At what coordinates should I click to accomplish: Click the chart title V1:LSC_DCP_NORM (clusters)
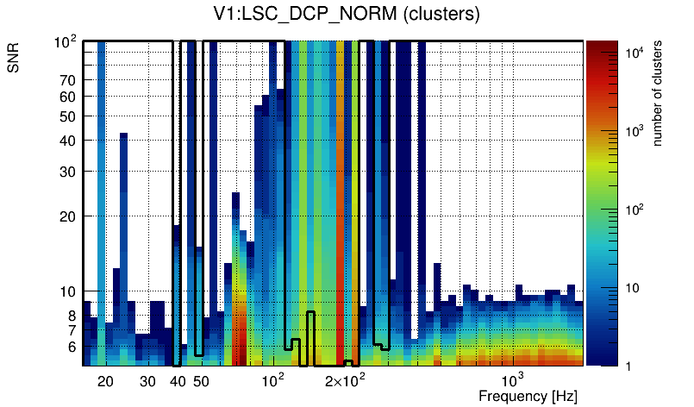coord(346,15)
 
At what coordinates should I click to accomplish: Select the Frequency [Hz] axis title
coord(527,396)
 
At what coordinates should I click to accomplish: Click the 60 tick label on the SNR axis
coord(68,97)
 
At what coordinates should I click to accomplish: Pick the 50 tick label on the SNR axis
coord(68,116)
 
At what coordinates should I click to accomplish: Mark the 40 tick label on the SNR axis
coord(68,141)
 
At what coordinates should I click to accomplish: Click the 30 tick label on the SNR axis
coord(68,172)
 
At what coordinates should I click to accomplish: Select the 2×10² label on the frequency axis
coord(345,380)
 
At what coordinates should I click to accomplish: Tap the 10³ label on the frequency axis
coord(512,380)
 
